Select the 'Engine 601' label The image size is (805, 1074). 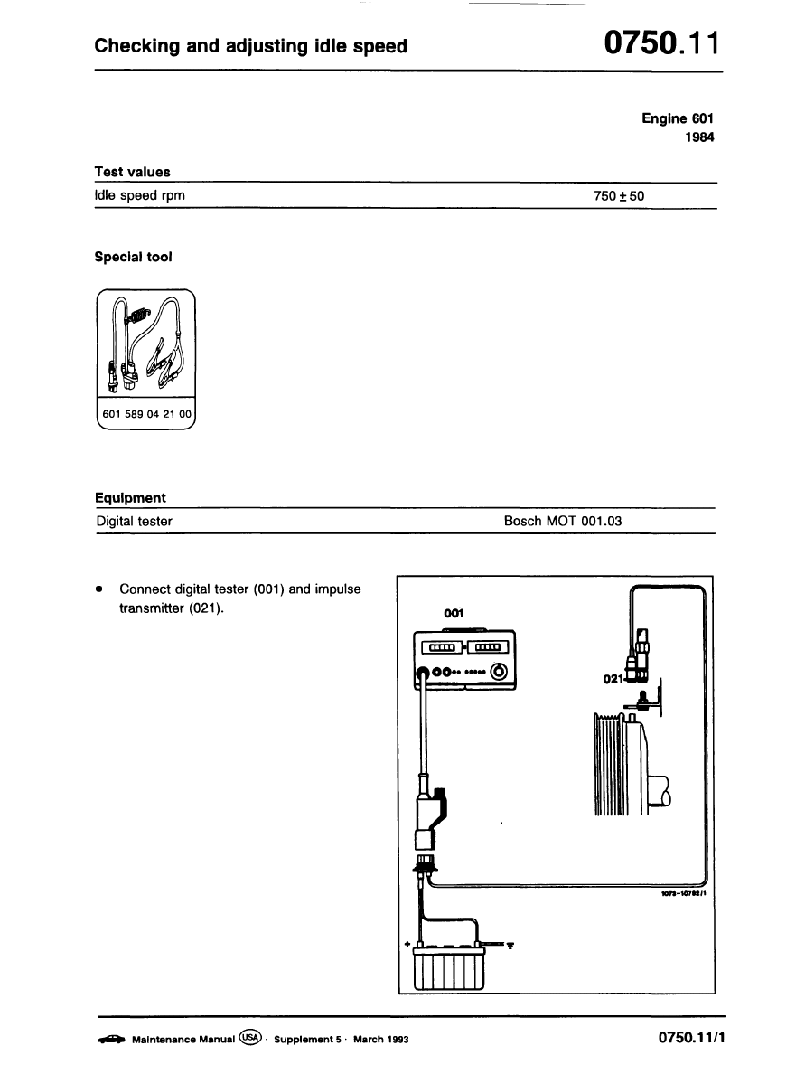click(678, 118)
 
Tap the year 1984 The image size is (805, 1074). click(699, 138)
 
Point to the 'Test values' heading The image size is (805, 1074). click(132, 172)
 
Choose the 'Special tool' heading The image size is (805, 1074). click(133, 257)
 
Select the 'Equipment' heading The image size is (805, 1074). click(130, 498)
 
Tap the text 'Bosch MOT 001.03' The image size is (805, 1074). click(563, 521)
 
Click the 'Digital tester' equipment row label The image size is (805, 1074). click(134, 521)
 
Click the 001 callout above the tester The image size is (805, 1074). click(454, 614)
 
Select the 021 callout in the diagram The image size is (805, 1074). click(614, 678)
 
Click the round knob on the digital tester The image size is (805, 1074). click(498, 672)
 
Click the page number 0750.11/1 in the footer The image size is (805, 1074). click(692, 1039)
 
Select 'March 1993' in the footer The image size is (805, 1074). click(381, 1040)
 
